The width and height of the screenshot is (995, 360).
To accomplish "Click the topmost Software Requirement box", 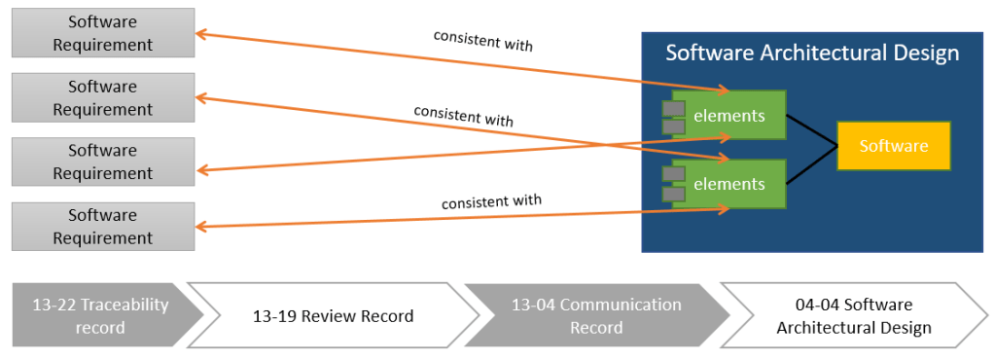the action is [x=103, y=33].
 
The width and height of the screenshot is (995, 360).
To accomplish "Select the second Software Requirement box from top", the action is [x=103, y=97].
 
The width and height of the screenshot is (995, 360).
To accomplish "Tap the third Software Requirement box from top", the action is [x=103, y=162].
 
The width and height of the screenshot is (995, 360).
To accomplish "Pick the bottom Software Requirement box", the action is [x=103, y=227].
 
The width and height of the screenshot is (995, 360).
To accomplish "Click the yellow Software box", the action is [x=894, y=146].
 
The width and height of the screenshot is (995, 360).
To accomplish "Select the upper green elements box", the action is [x=729, y=115].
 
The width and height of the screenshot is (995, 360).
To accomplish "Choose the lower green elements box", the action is [x=729, y=184].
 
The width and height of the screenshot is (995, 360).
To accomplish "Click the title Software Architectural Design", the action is [x=811, y=54].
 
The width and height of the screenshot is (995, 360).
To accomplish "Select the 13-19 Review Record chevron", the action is [x=334, y=315].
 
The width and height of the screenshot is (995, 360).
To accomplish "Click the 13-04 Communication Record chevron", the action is [x=596, y=315].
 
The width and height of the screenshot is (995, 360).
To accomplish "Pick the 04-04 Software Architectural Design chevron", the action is [x=854, y=315].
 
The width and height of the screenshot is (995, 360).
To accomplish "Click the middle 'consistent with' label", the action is [x=463, y=115].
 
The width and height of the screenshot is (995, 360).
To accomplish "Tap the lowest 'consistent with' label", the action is [x=492, y=202].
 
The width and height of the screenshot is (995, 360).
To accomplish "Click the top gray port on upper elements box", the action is [x=673, y=109].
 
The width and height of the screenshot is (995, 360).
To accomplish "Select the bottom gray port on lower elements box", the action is [x=673, y=194].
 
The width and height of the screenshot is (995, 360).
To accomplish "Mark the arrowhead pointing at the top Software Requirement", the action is [x=200, y=34].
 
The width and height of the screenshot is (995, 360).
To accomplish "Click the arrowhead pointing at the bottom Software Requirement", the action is [x=201, y=227].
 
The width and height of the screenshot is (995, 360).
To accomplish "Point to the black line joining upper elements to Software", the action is [x=812, y=130].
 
